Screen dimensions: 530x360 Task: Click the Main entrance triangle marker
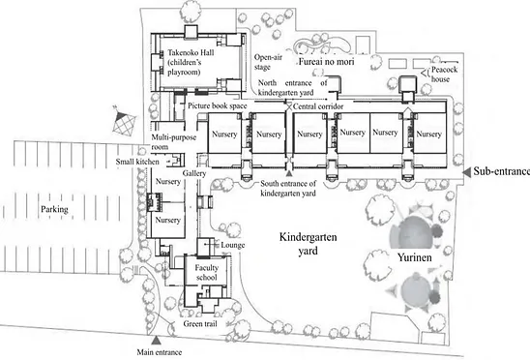156,340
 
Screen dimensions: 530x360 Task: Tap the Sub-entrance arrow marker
467,172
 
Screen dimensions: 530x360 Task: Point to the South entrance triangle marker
289,173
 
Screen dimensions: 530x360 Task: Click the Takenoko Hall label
191,62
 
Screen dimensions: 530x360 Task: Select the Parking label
54,209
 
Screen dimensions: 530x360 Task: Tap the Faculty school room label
207,272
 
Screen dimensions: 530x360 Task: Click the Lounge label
232,245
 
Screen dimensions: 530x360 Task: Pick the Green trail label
200,324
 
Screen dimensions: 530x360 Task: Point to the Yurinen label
414,257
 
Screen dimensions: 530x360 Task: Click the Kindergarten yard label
308,244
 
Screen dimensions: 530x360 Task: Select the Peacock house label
445,75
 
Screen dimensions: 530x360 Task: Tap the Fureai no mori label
326,62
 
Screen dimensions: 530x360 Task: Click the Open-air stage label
268,62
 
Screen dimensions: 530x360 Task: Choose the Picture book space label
218,105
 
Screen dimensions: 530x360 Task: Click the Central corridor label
318,106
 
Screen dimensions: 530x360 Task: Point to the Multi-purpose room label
174,142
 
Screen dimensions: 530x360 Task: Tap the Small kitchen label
137,162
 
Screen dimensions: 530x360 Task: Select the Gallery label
194,173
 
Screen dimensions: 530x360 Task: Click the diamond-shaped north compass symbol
124,122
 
